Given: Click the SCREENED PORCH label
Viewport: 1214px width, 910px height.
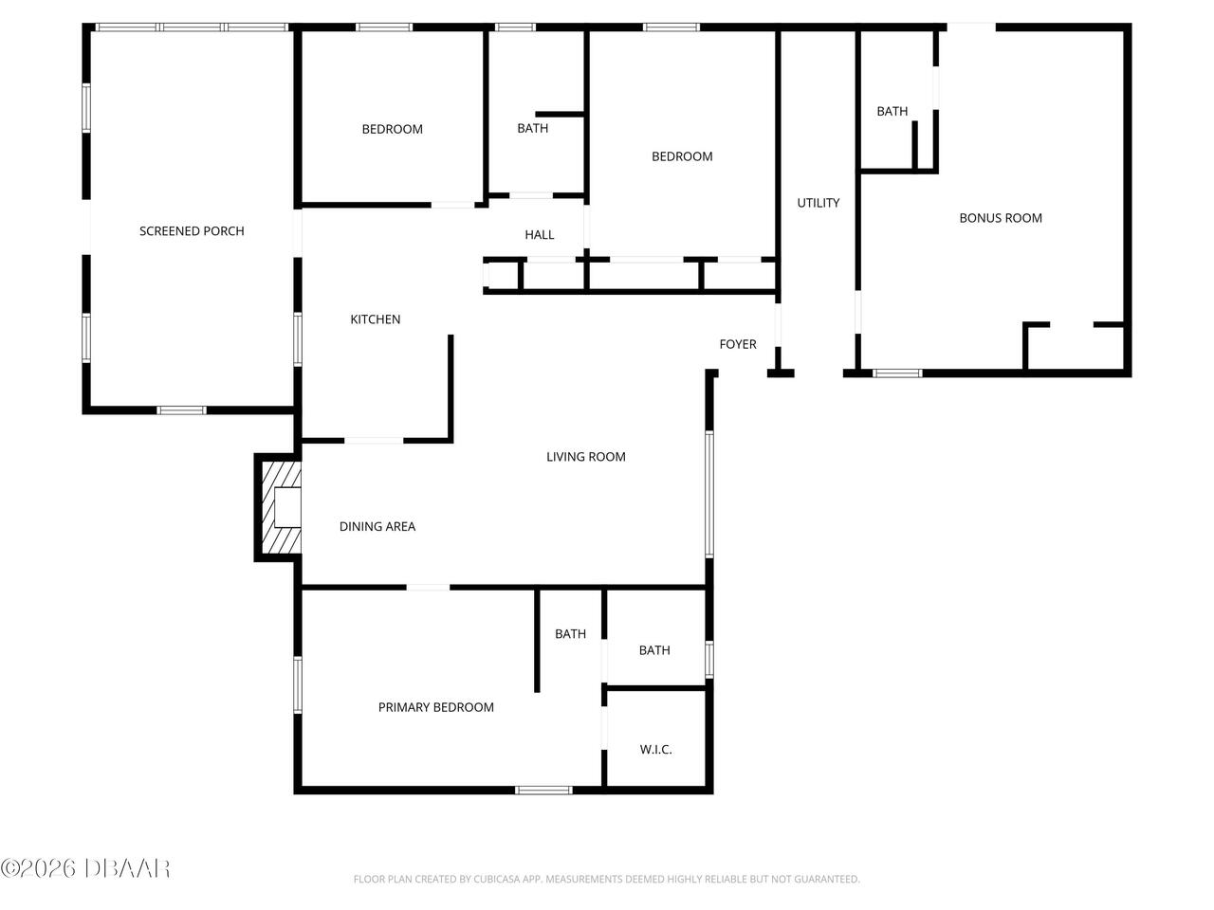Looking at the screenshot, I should pos(192,231).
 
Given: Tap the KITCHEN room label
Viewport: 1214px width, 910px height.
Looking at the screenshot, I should pos(376,319).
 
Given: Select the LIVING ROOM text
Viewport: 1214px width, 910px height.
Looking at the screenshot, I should pos(585,457).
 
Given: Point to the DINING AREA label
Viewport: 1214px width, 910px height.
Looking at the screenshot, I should pos(377,527).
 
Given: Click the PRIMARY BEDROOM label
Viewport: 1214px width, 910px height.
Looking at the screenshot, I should pos(435,707).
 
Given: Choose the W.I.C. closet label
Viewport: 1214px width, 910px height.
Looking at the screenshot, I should pos(655,750).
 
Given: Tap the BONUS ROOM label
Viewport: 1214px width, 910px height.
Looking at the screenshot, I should pos(1001,218).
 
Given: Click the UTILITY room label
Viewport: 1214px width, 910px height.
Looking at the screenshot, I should pos(818,203).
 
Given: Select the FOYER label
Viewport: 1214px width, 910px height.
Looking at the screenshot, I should pos(738,344).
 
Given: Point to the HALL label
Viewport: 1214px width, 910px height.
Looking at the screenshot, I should pos(540,235).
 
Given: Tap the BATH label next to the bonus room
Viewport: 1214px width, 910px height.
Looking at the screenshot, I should pos(892,112).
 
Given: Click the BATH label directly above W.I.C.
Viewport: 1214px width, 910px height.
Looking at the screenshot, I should pos(654,650).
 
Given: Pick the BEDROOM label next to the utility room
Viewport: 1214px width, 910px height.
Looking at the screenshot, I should pos(682,156).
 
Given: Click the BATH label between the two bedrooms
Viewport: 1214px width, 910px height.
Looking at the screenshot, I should pos(532,129).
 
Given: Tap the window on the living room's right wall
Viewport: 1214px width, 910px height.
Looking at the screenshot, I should pos(709,494).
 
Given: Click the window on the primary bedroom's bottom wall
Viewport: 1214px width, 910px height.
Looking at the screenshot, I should pos(543,790).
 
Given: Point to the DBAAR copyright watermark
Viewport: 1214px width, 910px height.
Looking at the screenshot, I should pos(85,867).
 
